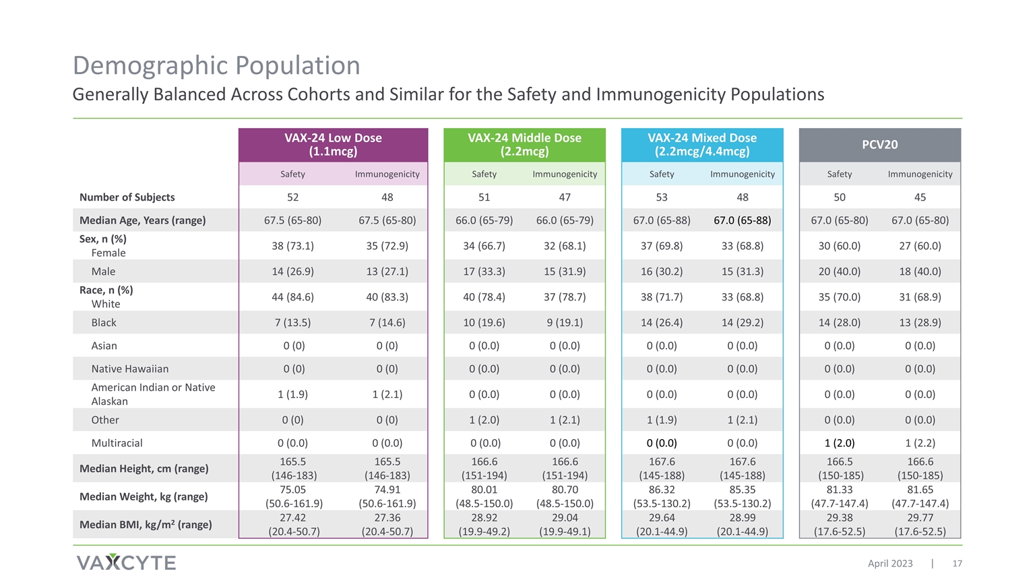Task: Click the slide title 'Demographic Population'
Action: (x=216, y=65)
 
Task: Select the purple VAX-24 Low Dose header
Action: (x=333, y=145)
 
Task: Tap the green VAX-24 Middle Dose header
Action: (x=524, y=145)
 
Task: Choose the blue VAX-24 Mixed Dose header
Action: (x=702, y=145)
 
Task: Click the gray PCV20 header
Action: (x=880, y=145)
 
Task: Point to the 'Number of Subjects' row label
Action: (x=127, y=197)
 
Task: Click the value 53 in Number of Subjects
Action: (x=662, y=197)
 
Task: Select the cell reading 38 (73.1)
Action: (x=292, y=246)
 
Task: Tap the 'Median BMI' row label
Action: (x=146, y=524)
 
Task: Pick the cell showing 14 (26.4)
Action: (x=662, y=323)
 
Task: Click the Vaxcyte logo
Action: (x=126, y=562)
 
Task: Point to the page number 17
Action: (x=957, y=564)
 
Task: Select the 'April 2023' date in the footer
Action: (x=890, y=564)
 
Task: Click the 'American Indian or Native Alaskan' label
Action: (x=154, y=394)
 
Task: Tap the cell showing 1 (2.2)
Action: (x=920, y=443)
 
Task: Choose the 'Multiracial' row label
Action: (x=117, y=443)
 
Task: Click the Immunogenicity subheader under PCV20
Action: (x=920, y=174)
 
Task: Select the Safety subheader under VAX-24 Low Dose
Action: (x=292, y=174)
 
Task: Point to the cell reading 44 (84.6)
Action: (x=292, y=297)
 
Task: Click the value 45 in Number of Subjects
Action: (x=920, y=197)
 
